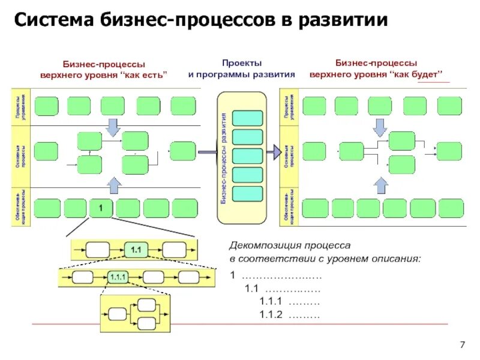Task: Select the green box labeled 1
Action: (101, 208)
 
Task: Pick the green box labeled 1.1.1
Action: (117, 277)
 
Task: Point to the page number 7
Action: (462, 344)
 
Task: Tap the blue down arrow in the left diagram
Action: (112, 127)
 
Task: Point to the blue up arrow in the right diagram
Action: (380, 183)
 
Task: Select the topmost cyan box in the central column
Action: (247, 118)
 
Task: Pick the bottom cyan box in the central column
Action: (247, 194)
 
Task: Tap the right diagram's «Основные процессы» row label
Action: (289, 158)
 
